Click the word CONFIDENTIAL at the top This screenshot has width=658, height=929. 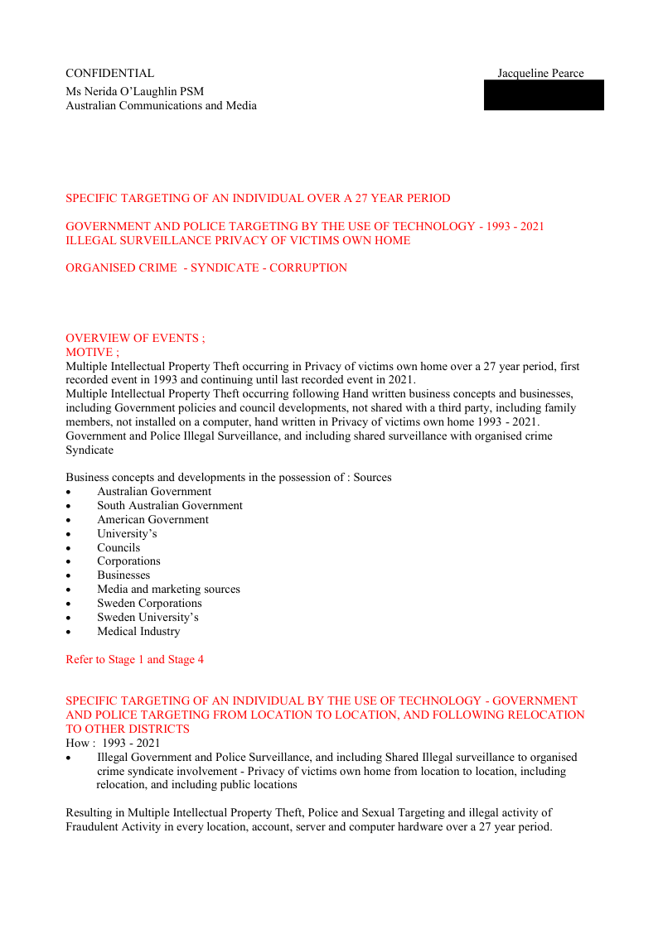(x=109, y=74)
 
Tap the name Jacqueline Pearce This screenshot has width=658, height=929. (x=540, y=74)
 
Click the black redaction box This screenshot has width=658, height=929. (x=544, y=95)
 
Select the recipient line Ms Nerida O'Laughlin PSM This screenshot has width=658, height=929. (x=134, y=91)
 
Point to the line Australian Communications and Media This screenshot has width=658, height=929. (x=161, y=105)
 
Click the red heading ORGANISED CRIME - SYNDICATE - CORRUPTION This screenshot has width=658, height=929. (x=206, y=267)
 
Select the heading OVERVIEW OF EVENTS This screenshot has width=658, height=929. (x=135, y=338)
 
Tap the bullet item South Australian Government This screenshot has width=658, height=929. (x=169, y=505)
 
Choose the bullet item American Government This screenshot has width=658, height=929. (x=152, y=519)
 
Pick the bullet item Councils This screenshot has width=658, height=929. (x=119, y=547)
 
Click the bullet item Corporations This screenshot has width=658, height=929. (x=128, y=561)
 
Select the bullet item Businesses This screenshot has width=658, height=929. (x=123, y=575)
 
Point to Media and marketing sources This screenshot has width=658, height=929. (x=168, y=589)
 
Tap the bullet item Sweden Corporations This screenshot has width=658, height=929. (x=149, y=603)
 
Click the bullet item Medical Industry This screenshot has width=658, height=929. (x=138, y=631)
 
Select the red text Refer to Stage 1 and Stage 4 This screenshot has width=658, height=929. (x=134, y=659)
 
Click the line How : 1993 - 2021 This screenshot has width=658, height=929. (x=113, y=743)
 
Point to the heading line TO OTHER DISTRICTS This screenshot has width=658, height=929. (x=128, y=729)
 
